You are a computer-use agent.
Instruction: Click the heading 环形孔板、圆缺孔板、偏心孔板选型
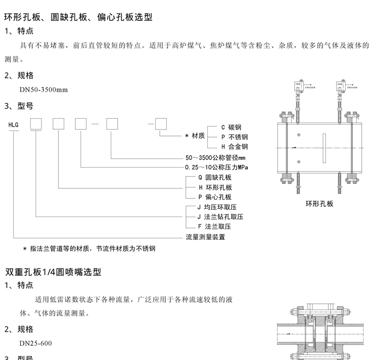pyautogui.click(x=79, y=17)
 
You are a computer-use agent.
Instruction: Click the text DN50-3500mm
pyautogui.click(x=44, y=90)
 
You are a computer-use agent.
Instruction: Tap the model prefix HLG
pyautogui.click(x=14, y=125)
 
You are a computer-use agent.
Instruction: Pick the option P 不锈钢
pyautogui.click(x=235, y=137)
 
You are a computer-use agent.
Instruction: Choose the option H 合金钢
pyautogui.click(x=235, y=147)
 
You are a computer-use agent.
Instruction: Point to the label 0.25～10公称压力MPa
pyautogui.click(x=216, y=168)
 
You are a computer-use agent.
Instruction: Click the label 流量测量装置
pyautogui.click(x=205, y=237)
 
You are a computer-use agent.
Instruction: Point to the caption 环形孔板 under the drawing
pyautogui.click(x=320, y=203)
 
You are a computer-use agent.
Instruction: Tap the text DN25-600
pyautogui.click(x=35, y=343)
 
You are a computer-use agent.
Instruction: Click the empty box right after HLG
pyautogui.click(x=36, y=125)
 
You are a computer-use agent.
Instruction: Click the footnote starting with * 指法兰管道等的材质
pyautogui.click(x=92, y=248)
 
